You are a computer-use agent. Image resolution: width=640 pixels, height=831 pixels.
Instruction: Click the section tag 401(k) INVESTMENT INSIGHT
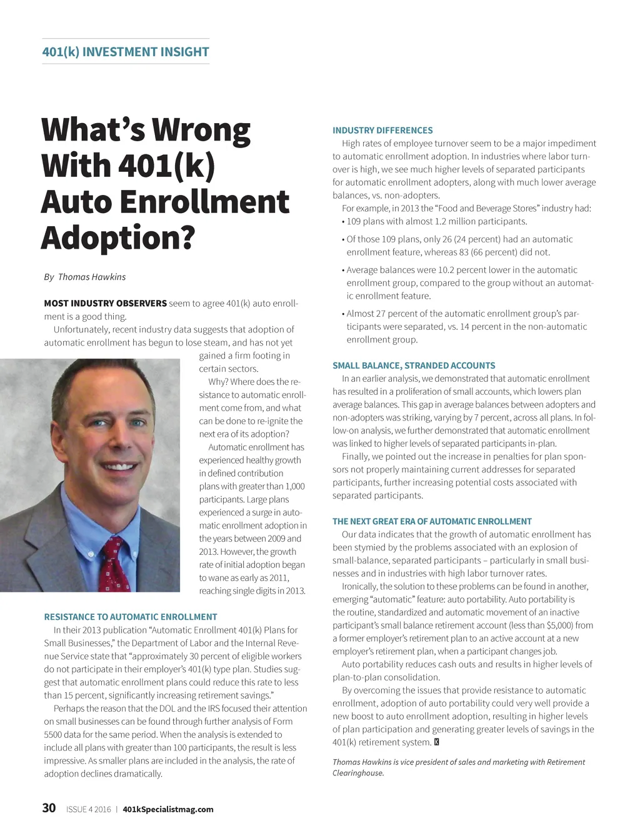[125, 52]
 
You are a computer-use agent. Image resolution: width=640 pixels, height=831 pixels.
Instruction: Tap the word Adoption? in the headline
[118, 238]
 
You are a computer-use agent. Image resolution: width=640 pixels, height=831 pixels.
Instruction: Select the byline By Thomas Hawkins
[84, 277]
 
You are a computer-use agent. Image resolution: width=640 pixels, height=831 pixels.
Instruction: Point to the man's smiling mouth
[118, 466]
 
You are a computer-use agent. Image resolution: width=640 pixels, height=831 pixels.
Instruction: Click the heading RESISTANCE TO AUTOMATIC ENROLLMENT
[131, 617]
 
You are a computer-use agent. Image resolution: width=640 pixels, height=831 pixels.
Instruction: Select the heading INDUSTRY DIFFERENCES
[382, 131]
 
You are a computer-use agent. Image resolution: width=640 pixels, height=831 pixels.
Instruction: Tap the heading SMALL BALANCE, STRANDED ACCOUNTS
[414, 366]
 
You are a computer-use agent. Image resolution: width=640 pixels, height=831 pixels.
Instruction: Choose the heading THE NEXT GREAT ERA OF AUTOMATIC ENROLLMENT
[432, 521]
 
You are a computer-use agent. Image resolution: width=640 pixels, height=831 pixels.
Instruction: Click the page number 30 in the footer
[49, 809]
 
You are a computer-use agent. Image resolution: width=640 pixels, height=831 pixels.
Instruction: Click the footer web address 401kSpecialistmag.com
[168, 809]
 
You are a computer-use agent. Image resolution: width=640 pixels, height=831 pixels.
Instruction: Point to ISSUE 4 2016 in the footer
[88, 809]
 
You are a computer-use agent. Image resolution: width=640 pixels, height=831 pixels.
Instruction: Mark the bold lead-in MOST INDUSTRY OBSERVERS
[105, 304]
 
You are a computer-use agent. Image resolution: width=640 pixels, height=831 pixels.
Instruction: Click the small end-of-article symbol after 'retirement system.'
[436, 742]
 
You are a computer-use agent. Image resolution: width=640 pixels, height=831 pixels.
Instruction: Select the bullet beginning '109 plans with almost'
[436, 221]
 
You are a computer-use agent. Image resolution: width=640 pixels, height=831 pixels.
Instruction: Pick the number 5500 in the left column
[53, 735]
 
